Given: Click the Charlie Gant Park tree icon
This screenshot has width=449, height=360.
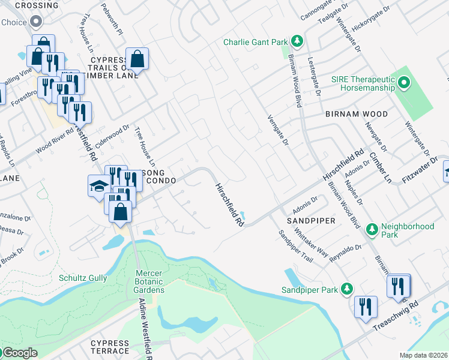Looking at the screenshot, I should tap(296, 41).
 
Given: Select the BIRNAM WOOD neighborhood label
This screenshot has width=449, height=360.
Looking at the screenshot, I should tap(356, 114).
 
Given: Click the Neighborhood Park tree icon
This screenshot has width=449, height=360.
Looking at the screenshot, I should tap(372, 229).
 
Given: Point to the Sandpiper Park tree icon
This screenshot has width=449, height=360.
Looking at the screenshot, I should tap(346, 290).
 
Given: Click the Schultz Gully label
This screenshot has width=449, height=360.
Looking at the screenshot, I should tap(83, 278).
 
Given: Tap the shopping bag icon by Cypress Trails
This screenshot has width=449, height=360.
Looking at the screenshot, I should tap(137, 59).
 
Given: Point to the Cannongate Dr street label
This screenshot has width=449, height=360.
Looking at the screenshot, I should tap(316, 9).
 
